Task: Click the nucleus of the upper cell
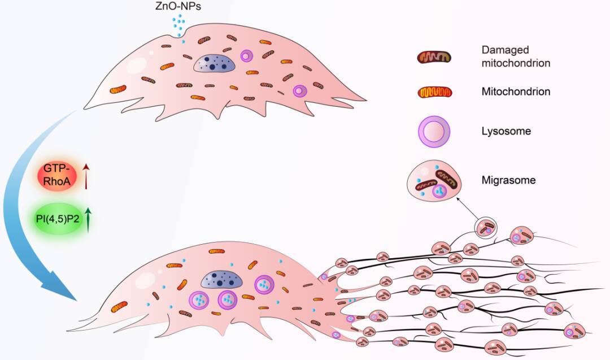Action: point(214,63)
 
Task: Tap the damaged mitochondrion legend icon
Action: point(434,57)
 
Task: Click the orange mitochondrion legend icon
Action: point(434,92)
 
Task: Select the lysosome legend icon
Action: point(434,132)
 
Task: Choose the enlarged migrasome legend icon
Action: point(435,181)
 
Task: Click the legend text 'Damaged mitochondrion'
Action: point(515,57)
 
